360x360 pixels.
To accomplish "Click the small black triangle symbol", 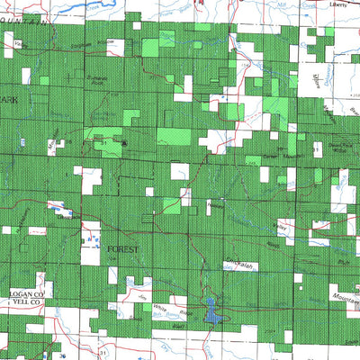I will (124, 141).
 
